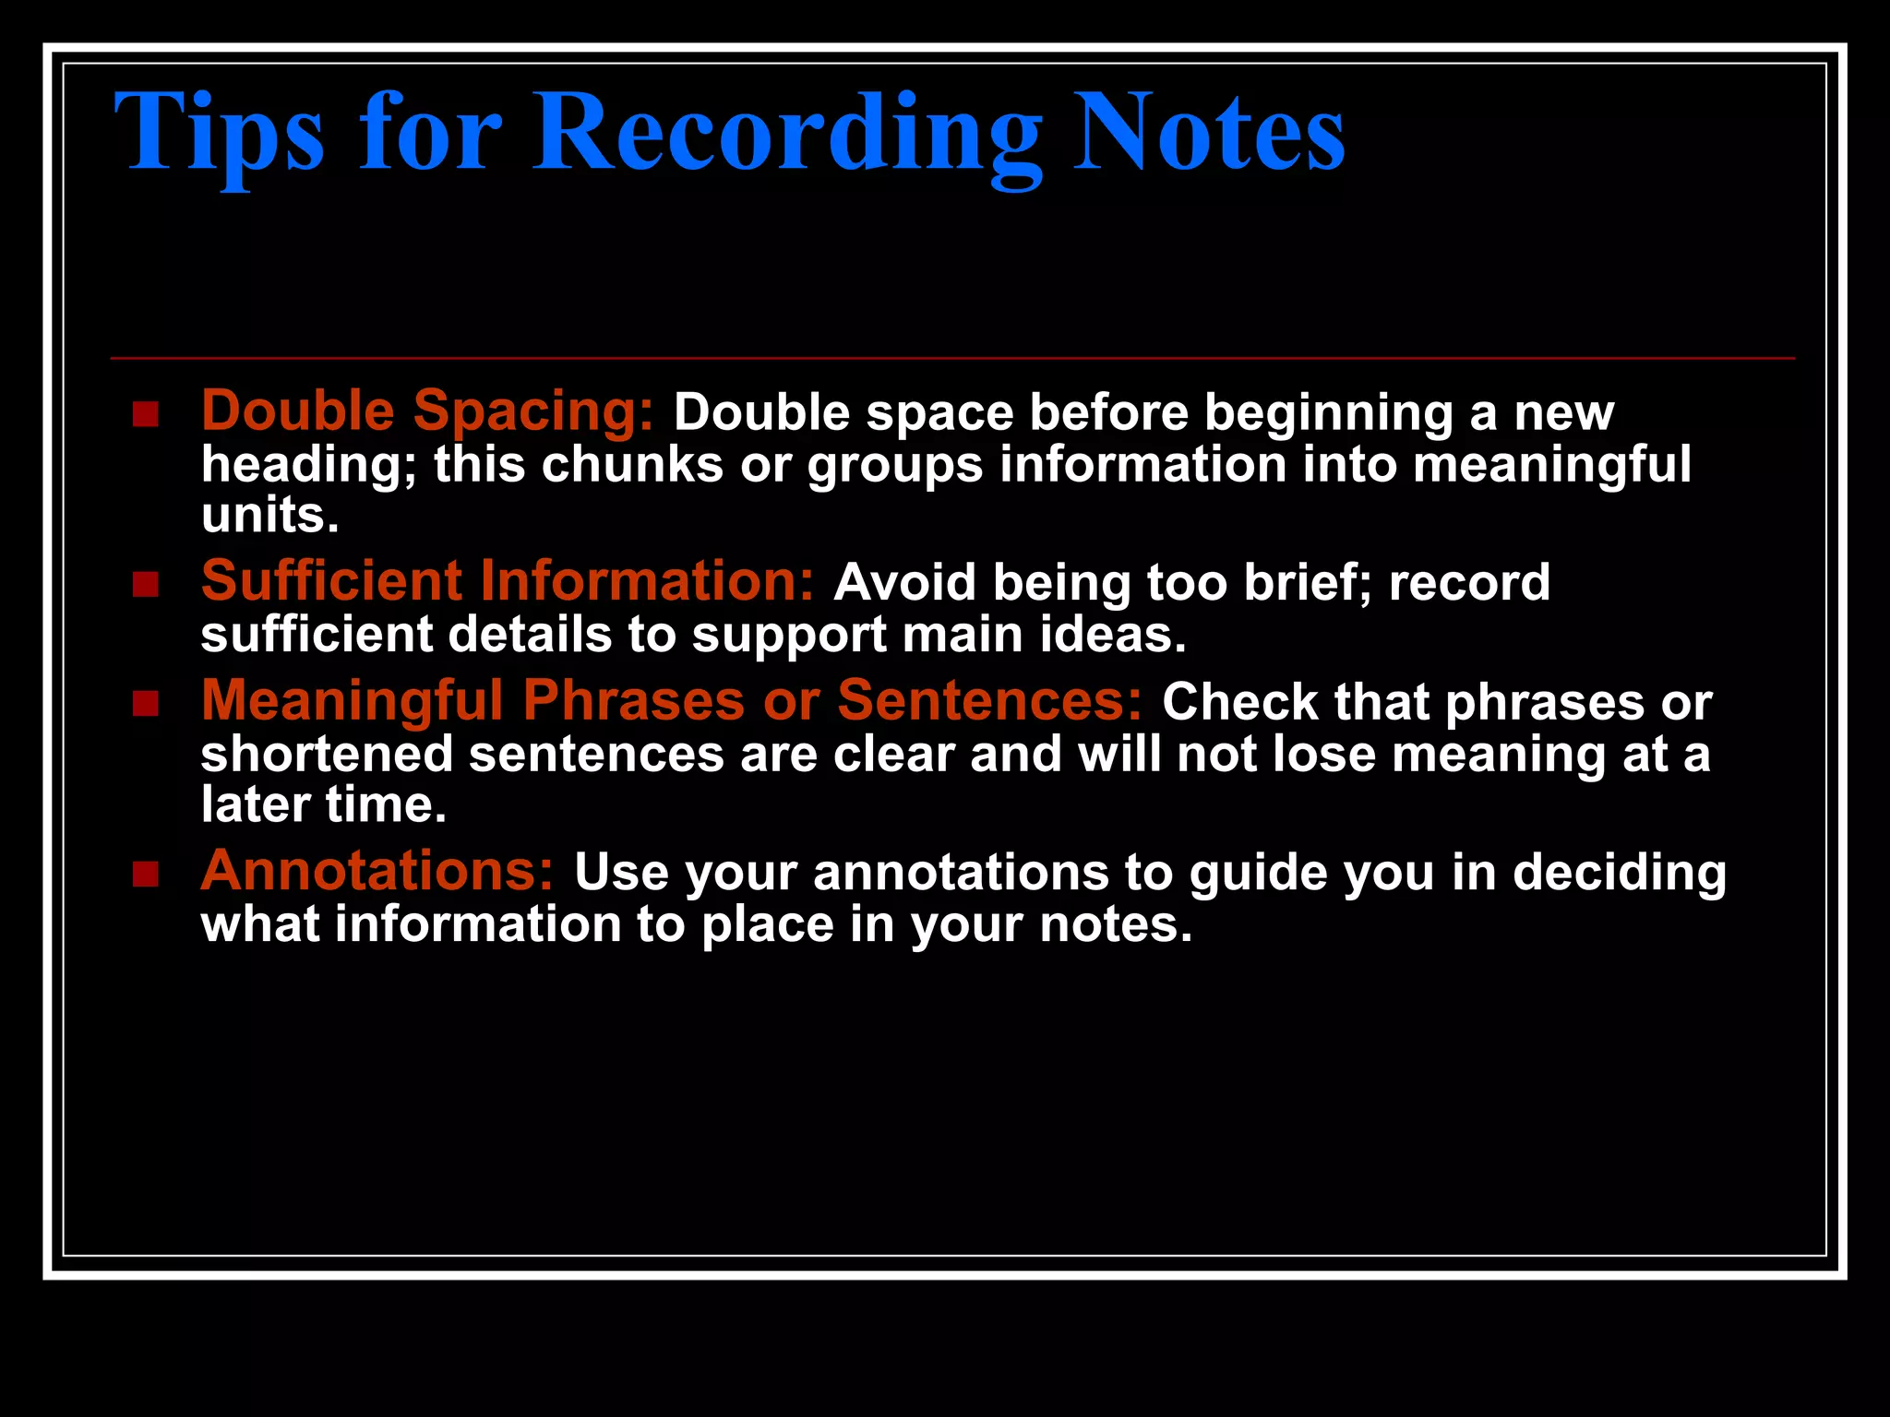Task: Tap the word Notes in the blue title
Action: click(1208, 134)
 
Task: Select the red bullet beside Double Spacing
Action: click(146, 414)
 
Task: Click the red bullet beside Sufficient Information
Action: click(146, 584)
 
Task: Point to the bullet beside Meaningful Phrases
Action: click(146, 704)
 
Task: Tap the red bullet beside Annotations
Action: click(146, 874)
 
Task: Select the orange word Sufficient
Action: click(331, 581)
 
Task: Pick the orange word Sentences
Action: click(990, 701)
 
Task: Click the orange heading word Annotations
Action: click(377, 872)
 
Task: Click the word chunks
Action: click(632, 464)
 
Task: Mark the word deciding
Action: click(1620, 874)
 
